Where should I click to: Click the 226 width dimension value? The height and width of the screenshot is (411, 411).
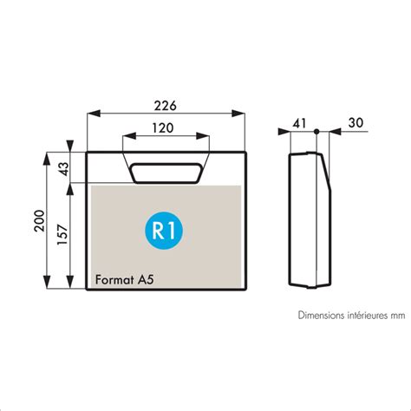(165, 106)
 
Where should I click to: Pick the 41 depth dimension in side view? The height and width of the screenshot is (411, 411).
(298, 124)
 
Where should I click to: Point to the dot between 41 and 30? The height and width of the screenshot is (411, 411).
(317, 131)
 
